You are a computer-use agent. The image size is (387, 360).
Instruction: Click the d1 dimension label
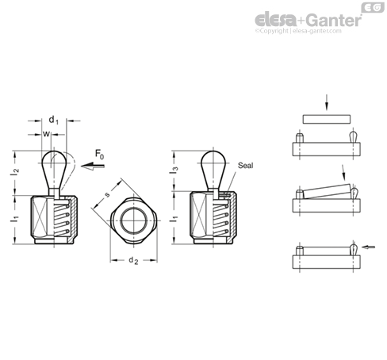tap(54, 120)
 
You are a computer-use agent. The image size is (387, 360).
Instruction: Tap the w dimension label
tap(46, 134)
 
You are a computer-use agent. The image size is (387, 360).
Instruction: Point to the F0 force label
tap(99, 155)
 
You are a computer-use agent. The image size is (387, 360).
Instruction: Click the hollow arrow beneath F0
tap(93, 166)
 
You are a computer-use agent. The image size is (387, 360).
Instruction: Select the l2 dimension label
tap(15, 172)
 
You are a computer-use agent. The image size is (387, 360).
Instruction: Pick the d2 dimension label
tap(133, 261)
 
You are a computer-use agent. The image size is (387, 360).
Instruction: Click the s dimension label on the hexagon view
tap(107, 195)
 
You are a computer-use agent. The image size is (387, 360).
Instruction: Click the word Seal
tap(245, 166)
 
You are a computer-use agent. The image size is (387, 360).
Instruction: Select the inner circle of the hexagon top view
tap(121, 220)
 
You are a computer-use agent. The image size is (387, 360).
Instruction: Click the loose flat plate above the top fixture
tap(327, 119)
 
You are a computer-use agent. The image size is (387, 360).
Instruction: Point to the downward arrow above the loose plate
tap(327, 102)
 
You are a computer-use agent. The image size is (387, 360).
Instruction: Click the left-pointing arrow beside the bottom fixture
tap(368, 247)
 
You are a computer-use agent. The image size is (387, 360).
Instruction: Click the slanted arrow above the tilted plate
tap(343, 171)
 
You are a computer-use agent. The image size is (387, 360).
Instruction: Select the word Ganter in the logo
tap(335, 20)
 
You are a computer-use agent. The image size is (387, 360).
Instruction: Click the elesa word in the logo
tap(275, 19)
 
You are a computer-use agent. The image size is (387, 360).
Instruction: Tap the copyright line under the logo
tap(298, 31)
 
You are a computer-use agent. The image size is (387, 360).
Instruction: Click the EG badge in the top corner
tap(373, 7)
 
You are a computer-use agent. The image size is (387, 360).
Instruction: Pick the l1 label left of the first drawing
tap(15, 219)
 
